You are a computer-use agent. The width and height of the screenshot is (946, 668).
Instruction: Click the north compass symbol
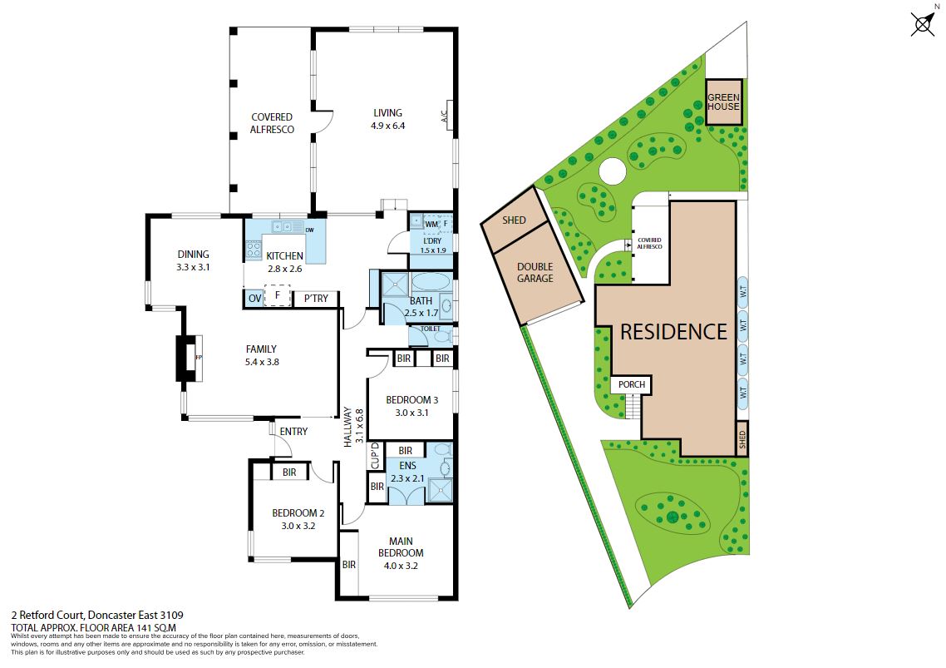tap(923, 24)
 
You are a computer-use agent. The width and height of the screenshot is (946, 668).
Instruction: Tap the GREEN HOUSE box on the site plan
tap(723, 102)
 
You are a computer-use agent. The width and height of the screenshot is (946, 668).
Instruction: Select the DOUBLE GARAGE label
tap(535, 272)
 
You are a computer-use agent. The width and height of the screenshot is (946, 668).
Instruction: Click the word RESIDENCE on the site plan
tap(673, 332)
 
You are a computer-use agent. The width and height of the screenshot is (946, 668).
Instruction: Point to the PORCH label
tap(632, 384)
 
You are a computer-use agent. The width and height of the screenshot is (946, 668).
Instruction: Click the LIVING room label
tap(387, 113)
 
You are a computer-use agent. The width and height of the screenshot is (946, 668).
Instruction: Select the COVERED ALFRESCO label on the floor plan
tap(272, 123)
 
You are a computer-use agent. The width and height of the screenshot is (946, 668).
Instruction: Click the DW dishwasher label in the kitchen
tap(309, 230)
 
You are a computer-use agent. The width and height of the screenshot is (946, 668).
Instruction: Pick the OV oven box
tap(255, 299)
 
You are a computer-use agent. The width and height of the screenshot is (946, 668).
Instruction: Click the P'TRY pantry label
tap(316, 299)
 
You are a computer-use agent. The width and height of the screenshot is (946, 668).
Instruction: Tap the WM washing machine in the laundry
tap(431, 224)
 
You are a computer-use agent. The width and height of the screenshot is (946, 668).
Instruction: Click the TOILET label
tap(430, 329)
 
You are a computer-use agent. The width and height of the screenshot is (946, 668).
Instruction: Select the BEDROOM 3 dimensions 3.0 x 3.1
tap(411, 413)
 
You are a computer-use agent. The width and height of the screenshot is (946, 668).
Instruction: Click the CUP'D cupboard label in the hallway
tap(375, 455)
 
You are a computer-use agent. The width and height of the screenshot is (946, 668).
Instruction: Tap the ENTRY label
tap(293, 431)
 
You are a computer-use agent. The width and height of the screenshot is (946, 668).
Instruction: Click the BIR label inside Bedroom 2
tap(289, 473)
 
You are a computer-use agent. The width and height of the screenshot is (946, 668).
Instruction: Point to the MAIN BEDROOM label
tap(401, 547)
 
